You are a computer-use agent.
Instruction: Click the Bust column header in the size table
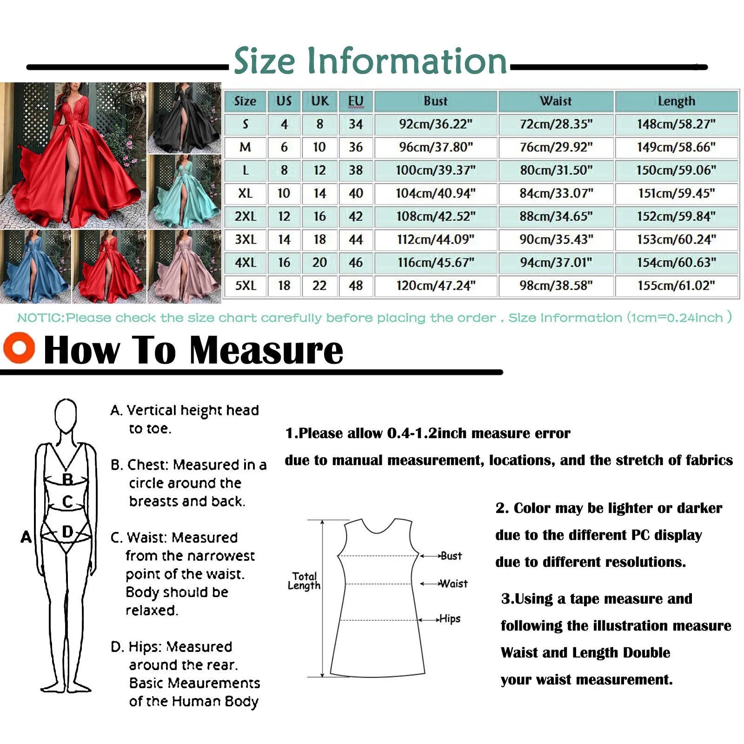pos(436,101)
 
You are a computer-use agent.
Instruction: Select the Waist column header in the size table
pos(556,101)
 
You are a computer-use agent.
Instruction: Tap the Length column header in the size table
pos(676,101)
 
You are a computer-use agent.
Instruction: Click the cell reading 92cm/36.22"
pos(436,124)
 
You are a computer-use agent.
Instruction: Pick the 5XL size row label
pos(245,286)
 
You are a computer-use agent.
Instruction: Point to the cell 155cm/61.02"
pos(676,286)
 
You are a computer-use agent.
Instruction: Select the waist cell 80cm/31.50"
pos(556,170)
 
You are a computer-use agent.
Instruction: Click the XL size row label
pos(245,193)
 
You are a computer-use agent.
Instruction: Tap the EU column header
pos(356,101)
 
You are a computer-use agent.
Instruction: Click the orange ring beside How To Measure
pos(19,347)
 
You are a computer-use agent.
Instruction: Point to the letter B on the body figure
pos(67,479)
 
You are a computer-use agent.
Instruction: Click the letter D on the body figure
pos(67,531)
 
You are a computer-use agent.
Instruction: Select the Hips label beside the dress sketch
pos(450,619)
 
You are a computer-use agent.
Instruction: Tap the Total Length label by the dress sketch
pos(304,581)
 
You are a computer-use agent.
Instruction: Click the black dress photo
pos(185,118)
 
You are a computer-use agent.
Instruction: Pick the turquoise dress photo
pos(185,191)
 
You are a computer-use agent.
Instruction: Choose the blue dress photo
pos(35,266)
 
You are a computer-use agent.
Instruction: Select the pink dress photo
pos(185,266)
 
